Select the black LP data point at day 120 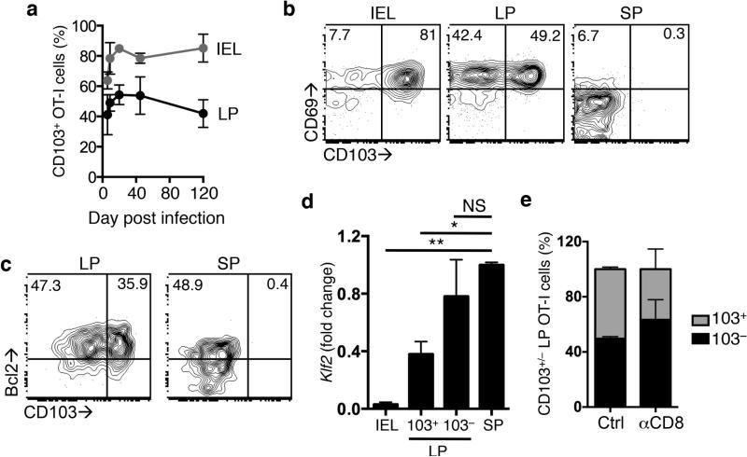(x=204, y=113)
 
